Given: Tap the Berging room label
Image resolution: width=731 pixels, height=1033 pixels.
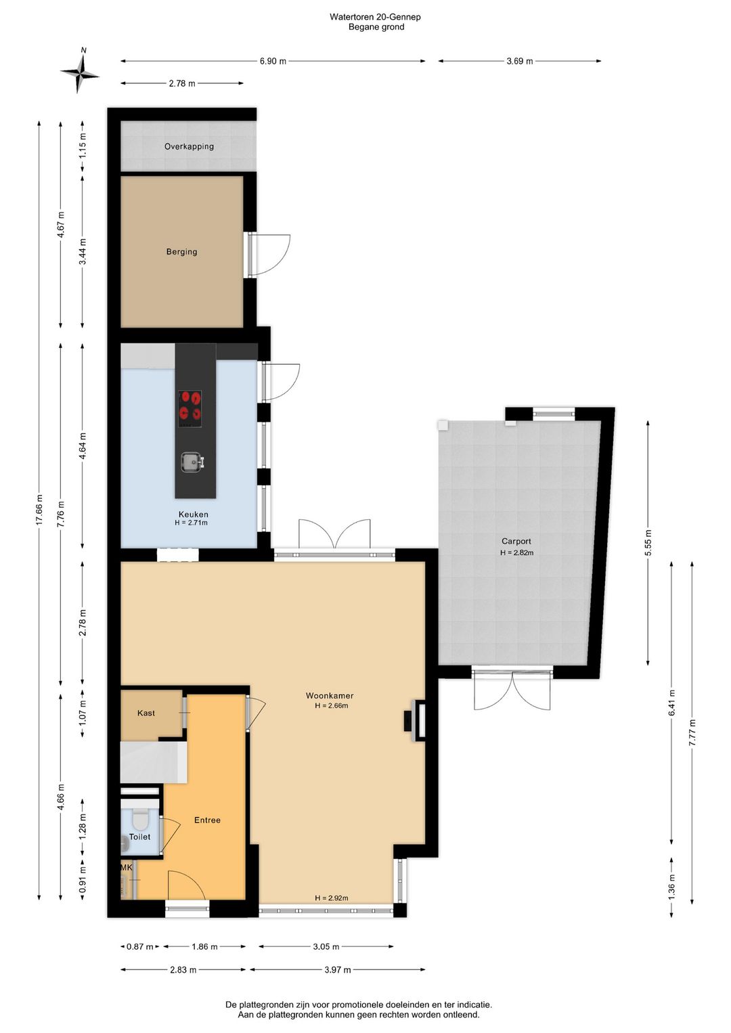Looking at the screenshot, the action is click(x=181, y=252).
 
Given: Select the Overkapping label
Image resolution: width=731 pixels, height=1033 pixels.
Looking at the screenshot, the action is click(x=189, y=147).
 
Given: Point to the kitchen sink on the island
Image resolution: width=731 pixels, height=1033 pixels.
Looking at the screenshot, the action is click(x=192, y=462).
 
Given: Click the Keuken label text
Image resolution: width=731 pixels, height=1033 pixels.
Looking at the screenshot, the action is click(x=194, y=514).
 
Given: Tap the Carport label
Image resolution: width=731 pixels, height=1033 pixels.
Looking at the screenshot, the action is click(x=516, y=542).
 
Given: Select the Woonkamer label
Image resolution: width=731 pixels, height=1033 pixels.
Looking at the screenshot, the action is click(x=330, y=696).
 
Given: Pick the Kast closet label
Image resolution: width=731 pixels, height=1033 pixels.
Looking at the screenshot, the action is click(x=146, y=713).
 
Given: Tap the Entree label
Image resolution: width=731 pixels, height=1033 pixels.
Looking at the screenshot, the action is click(x=207, y=820).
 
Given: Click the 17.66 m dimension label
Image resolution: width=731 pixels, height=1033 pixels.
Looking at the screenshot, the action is click(x=39, y=510).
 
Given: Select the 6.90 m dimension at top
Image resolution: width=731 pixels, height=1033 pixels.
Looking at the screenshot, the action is click(x=273, y=61).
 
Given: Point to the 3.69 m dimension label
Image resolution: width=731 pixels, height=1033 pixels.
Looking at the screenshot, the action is click(x=520, y=61).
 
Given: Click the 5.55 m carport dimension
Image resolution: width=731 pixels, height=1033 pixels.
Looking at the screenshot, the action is click(x=648, y=544).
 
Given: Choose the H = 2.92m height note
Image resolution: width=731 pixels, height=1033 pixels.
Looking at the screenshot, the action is click(x=332, y=898).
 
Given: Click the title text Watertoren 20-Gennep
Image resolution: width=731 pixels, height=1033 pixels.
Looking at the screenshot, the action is click(x=375, y=17).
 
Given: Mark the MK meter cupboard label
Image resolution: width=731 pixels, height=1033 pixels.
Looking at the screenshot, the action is click(x=127, y=867).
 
